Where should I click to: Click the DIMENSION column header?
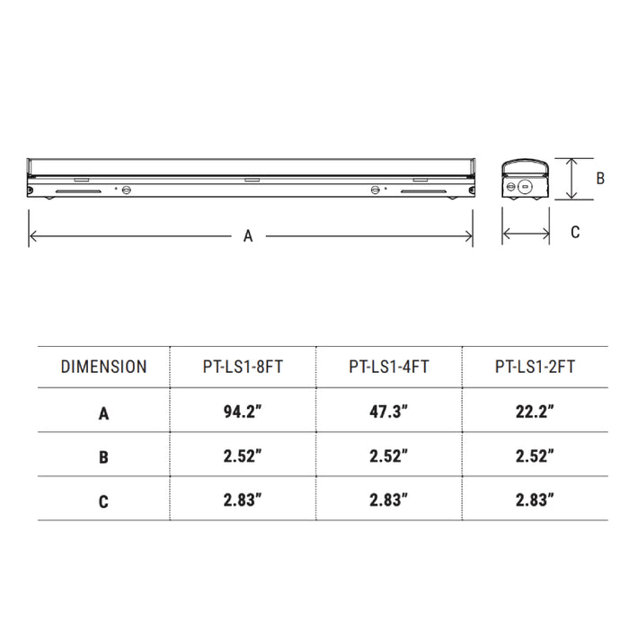103,367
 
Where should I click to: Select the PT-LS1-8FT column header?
243,367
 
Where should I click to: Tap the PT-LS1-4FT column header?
389,367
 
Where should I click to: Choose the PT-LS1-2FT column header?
535,367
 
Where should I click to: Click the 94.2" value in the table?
243,412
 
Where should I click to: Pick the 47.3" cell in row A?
389,412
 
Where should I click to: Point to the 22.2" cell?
535,412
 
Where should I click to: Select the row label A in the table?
103,413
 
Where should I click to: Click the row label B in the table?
103,457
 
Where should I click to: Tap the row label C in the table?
103,501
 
